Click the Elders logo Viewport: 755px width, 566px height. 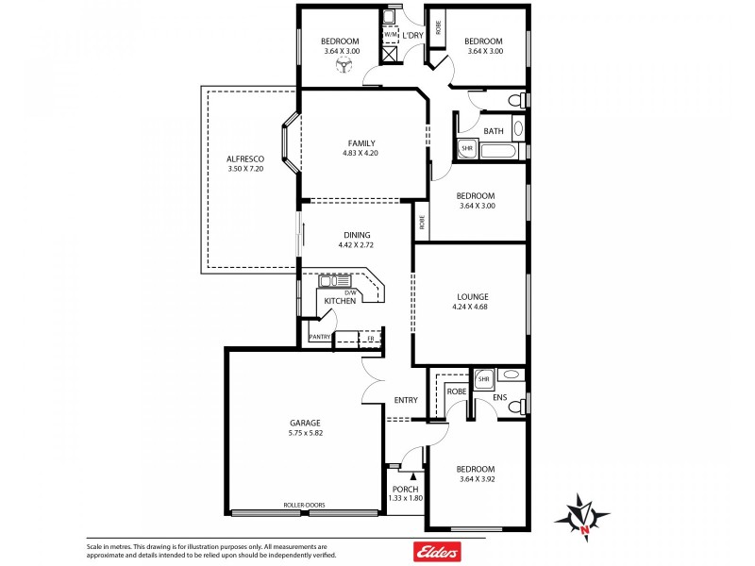pos(441,551)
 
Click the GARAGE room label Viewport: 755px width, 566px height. pos(305,423)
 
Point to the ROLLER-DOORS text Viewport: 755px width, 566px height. pos(304,506)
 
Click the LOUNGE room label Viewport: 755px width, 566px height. pos(469,295)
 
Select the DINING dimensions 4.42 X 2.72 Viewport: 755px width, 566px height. pos(357,245)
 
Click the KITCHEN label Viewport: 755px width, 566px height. pos(340,301)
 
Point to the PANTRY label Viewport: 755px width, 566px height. pos(320,337)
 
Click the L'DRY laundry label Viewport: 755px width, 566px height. pos(412,36)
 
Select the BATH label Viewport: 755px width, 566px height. pos(494,131)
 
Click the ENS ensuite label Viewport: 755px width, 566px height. pos(500,399)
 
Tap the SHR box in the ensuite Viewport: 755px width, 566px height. pos(483,379)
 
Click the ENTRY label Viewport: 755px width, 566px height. pos(406,400)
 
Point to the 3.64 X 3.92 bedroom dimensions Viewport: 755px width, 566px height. pos(475,479)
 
